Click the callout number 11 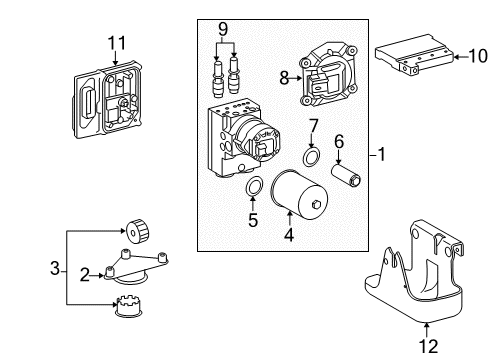pyautogui.click(x=117, y=42)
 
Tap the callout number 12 pyautogui.click(x=430, y=345)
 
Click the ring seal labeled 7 pyautogui.click(x=313, y=159)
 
